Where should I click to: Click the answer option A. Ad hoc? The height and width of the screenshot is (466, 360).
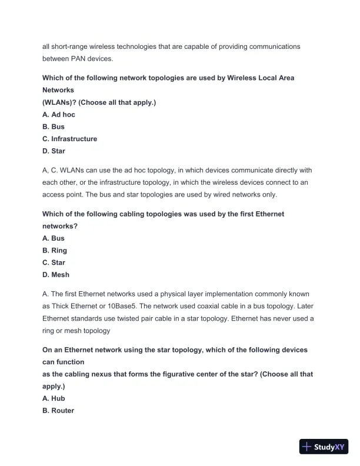59,114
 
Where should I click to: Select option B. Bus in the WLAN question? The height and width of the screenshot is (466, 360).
54,127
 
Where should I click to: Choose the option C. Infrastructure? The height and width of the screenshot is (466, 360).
69,139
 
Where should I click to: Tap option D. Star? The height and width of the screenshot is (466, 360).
54,151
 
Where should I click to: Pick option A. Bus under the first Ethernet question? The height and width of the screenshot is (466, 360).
54,238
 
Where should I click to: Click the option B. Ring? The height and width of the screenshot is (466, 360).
55,251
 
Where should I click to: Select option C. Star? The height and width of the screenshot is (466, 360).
54,262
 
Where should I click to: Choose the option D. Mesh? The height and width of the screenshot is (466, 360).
56,275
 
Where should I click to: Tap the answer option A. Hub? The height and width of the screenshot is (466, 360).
54,398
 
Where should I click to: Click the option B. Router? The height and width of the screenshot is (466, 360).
58,411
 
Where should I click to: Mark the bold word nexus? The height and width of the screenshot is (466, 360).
99,374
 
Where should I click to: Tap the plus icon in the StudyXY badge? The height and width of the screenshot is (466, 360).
306,447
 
